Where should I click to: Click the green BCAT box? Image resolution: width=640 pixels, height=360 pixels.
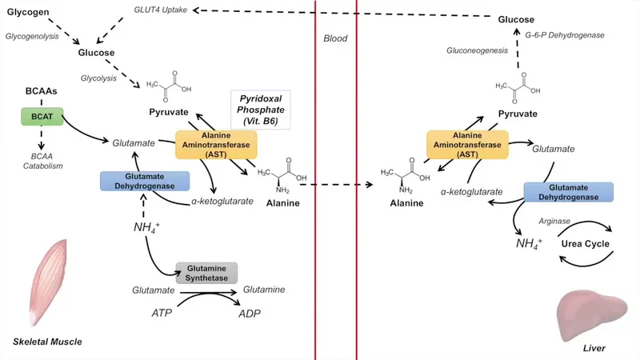pos(41,116)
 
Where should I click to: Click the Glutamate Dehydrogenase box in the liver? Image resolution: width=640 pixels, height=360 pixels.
pos(568,191)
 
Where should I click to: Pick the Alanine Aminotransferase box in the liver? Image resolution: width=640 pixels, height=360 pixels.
pos(467,145)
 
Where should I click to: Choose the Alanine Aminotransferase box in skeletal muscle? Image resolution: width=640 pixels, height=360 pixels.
pos(217,144)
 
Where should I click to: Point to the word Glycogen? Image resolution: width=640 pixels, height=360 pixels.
pos(29,14)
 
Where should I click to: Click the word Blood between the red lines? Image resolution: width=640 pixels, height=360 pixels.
pos(335,38)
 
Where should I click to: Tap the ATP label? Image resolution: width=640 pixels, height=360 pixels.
pos(162,313)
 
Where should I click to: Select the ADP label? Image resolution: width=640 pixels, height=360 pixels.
pos(250,313)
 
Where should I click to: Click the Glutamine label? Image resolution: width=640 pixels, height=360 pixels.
pos(263,290)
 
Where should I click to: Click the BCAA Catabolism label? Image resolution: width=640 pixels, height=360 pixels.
pos(41,160)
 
